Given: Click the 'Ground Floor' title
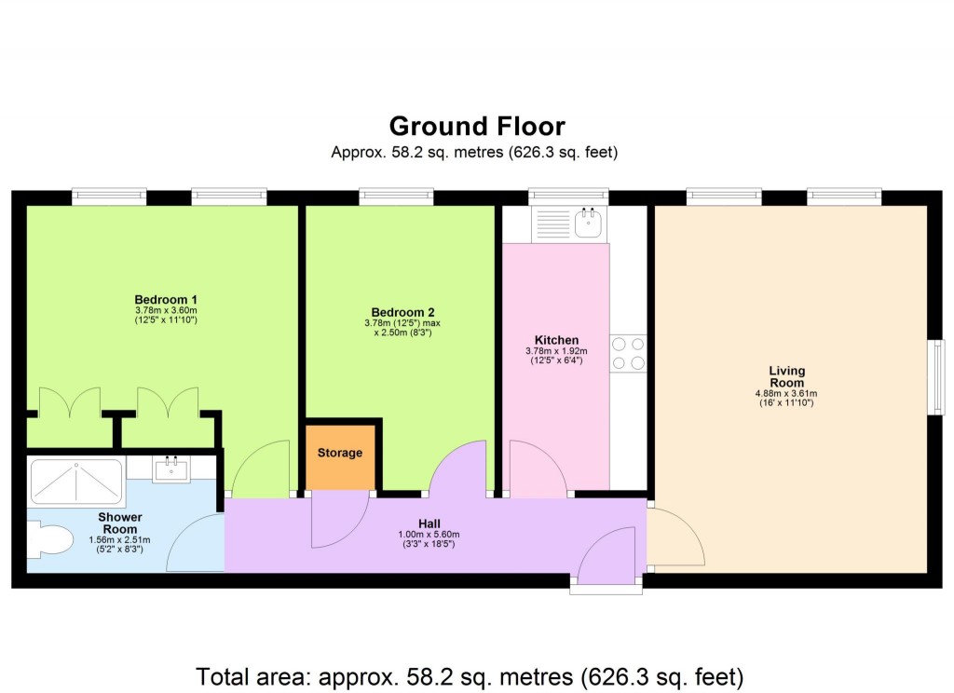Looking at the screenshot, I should [476, 126].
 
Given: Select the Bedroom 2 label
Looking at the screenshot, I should [402, 312].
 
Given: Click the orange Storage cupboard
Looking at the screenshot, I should [339, 454].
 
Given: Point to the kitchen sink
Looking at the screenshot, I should [588, 223].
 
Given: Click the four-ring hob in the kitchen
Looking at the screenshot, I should [628, 354].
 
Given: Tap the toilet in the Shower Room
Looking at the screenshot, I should [50, 539].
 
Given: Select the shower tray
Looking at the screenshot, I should [76, 482].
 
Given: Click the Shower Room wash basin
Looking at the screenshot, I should [171, 468].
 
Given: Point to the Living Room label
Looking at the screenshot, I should [786, 376].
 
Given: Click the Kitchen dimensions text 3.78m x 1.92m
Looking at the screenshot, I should [556, 351].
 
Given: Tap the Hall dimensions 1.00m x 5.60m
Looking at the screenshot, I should [429, 534].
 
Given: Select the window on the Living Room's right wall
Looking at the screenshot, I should [938, 376].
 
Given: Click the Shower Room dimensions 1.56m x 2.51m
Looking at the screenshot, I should [119, 540].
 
